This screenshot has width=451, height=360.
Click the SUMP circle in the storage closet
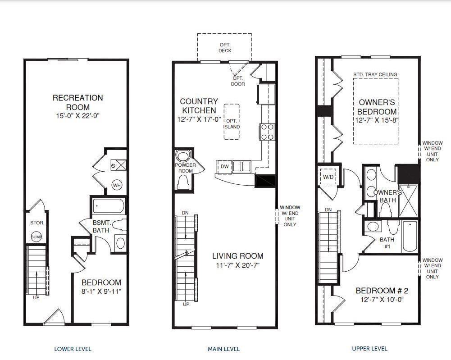[x=36, y=237]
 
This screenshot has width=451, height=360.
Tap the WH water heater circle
[x=117, y=185]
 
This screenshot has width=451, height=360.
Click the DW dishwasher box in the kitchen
[x=224, y=167]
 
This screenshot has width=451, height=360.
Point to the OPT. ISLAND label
[x=232, y=124]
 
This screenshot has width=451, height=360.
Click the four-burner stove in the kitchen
[x=267, y=132]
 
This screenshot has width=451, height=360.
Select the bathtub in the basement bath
[x=109, y=207]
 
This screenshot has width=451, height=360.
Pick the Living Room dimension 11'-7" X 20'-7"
[x=237, y=265]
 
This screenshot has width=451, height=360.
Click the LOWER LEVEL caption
[x=73, y=349]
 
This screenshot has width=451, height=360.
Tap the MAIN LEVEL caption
[x=223, y=349]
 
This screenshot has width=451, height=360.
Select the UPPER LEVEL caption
[x=369, y=348]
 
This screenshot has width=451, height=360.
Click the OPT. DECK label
[x=225, y=48]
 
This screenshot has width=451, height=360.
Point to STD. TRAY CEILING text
[x=375, y=74]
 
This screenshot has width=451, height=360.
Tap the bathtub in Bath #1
[x=410, y=236]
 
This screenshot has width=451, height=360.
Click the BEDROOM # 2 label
[x=381, y=291]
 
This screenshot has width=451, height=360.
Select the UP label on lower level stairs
[x=36, y=297]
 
